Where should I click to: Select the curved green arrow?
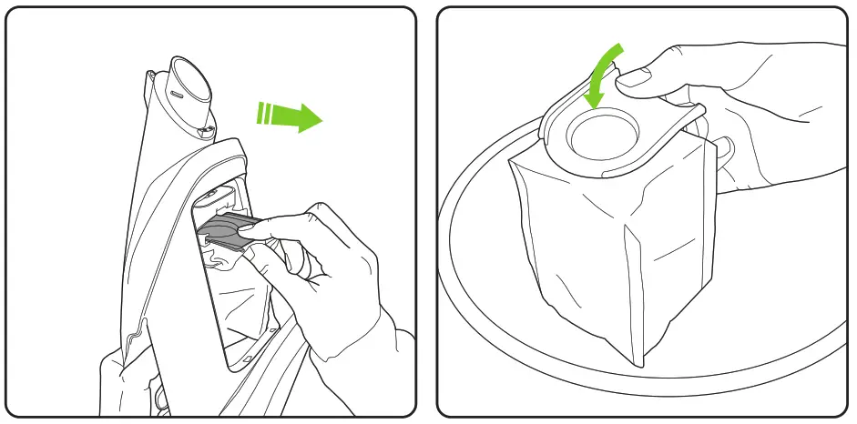pos(601,73)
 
